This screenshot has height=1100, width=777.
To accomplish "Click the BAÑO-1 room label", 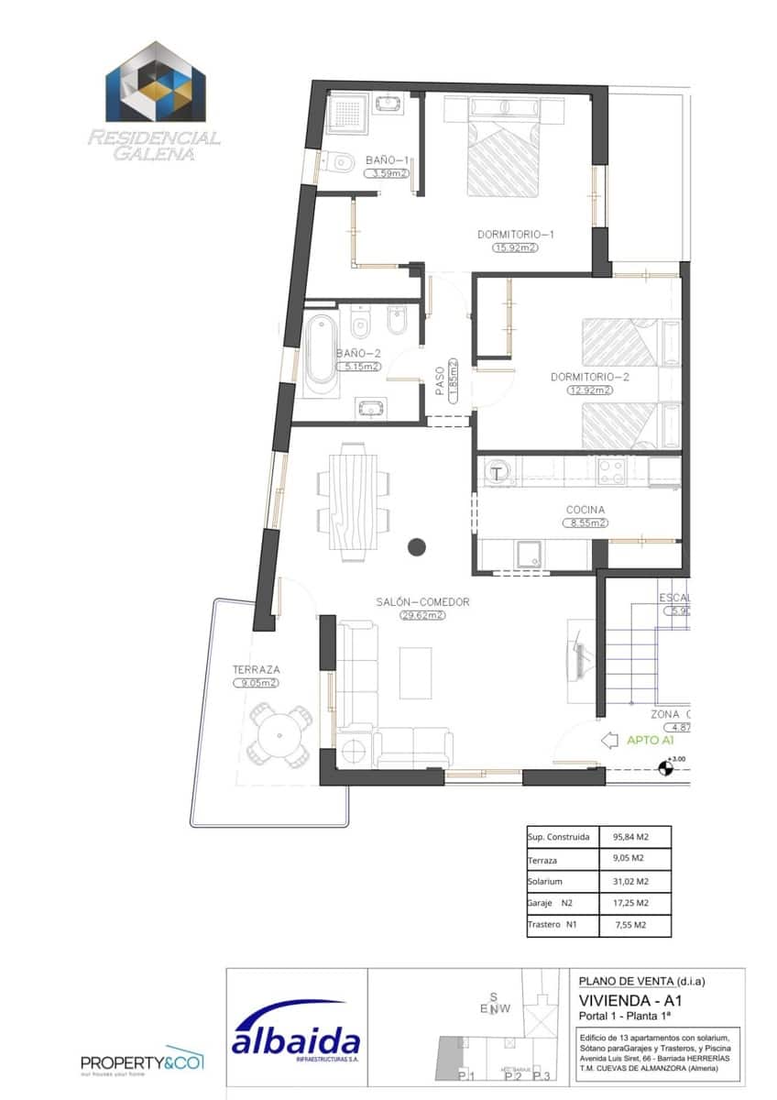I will coord(385,159).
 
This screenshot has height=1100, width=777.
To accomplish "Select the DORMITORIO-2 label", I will coord(590,376).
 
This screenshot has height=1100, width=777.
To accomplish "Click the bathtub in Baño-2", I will coord(321,353).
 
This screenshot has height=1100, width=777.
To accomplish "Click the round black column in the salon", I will coord(417,547).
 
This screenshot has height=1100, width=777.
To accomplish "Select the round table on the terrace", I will coord(278,733).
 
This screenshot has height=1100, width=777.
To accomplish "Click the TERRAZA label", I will coord(256,669).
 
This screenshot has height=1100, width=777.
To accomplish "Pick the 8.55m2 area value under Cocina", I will coord(585,523).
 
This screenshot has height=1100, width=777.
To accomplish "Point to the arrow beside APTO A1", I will coord(607,740).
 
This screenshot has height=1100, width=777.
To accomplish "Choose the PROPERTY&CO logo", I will coord(142,1061).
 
